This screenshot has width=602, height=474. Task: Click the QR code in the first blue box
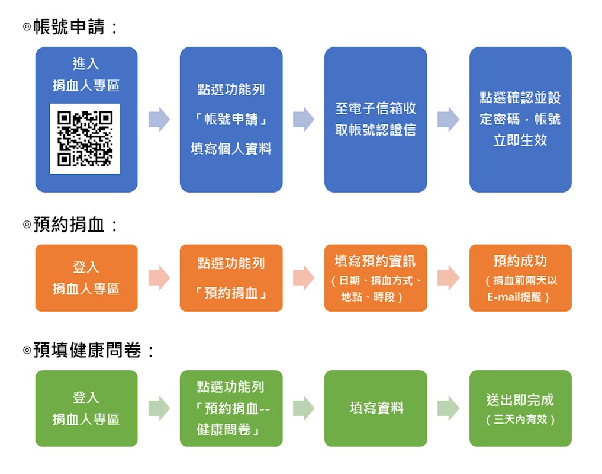pyautogui.click(x=85, y=139)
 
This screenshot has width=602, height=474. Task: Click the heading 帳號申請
pyautogui.click(x=69, y=27)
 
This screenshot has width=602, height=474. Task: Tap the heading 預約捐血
pyautogui.click(x=69, y=225)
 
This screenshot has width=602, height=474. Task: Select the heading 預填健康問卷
pyautogui.click(x=87, y=350)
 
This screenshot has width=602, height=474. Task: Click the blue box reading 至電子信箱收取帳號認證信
pyautogui.click(x=375, y=120)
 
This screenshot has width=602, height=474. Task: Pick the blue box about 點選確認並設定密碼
pyautogui.click(x=520, y=120)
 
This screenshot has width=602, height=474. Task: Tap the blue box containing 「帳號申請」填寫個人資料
pyautogui.click(x=231, y=120)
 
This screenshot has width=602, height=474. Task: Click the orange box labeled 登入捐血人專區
pyautogui.click(x=86, y=278)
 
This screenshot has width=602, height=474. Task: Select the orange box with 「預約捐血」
pyautogui.click(x=231, y=278)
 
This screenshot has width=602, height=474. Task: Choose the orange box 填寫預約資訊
pyautogui.click(x=375, y=278)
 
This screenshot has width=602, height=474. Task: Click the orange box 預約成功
pyautogui.click(x=520, y=278)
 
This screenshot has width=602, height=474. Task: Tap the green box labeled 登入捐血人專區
pyautogui.click(x=86, y=408)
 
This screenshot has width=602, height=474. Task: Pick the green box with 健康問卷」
pyautogui.click(x=231, y=408)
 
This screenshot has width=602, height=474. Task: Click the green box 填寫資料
pyautogui.click(x=375, y=408)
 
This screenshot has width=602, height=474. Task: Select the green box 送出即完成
pyautogui.click(x=520, y=408)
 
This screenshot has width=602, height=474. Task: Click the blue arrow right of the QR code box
pyautogui.click(x=159, y=120)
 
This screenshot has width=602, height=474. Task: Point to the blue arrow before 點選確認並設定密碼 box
pyautogui.click(x=448, y=120)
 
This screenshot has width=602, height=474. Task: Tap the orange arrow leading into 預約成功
pyautogui.click(x=448, y=277)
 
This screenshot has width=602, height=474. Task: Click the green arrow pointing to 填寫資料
pyautogui.click(x=304, y=408)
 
